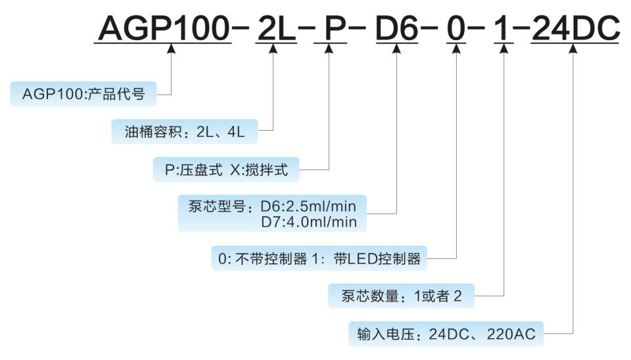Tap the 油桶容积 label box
pyautogui.click(x=185, y=131)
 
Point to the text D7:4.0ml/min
pyautogui.click(x=308, y=222)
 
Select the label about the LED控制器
pyautogui.click(x=319, y=258)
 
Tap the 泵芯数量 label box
pyautogui.click(x=401, y=296)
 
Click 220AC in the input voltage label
pyautogui.click(x=511, y=334)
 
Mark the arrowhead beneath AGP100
pyautogui.click(x=172, y=49)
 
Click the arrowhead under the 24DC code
pyautogui.click(x=573, y=49)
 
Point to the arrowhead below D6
pyautogui.click(x=396, y=49)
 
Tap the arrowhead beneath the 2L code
pyautogui.click(x=272, y=49)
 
